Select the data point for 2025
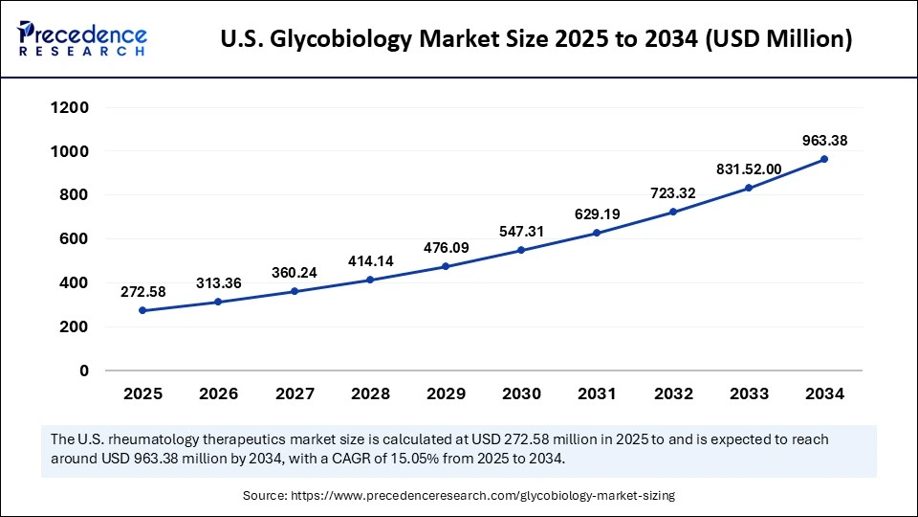pyautogui.click(x=142, y=310)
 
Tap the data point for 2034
pyautogui.click(x=824, y=159)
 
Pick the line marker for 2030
pyautogui.click(x=521, y=250)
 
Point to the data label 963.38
pyautogui.click(x=824, y=141)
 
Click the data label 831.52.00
pyautogui.click(x=749, y=169)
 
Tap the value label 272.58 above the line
pyautogui.click(x=142, y=291)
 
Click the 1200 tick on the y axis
pyautogui.click(x=70, y=107)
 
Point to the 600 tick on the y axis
pyautogui.click(x=74, y=238)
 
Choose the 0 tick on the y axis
pyautogui.click(x=84, y=371)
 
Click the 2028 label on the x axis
pyautogui.click(x=370, y=393)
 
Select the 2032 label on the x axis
pyautogui.click(x=673, y=393)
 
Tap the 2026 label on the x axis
pyautogui.click(x=218, y=393)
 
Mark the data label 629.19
pyautogui.click(x=597, y=214)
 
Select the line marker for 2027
pyautogui.click(x=294, y=291)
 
